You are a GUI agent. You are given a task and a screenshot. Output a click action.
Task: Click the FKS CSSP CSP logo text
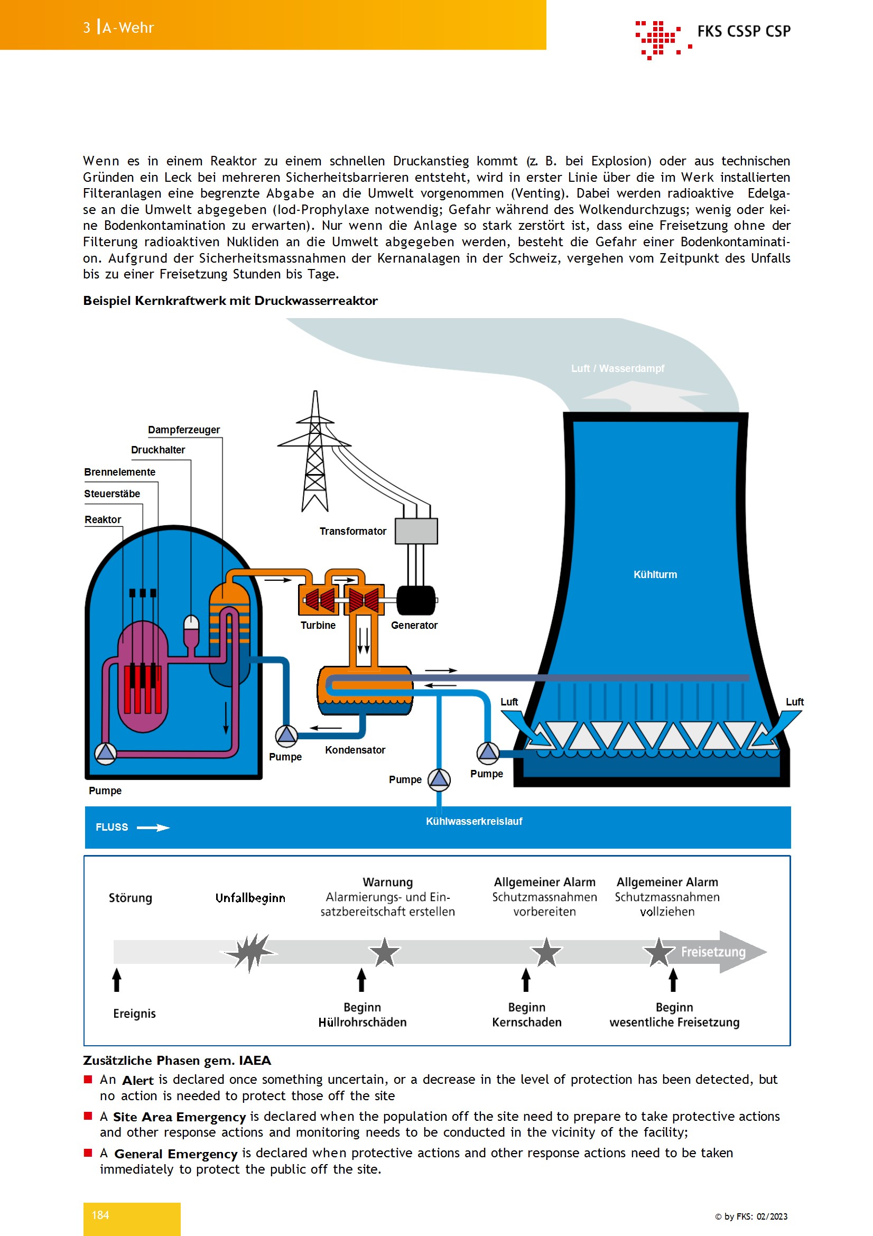[744, 31]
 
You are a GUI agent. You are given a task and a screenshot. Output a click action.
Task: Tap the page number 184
[100, 1215]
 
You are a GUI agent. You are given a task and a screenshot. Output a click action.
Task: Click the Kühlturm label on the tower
[655, 574]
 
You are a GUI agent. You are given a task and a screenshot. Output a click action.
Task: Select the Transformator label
[352, 531]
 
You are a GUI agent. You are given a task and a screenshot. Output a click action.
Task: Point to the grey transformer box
[416, 531]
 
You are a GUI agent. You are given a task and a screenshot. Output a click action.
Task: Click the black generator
[415, 600]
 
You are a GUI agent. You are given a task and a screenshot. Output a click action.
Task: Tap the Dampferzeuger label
[183, 430]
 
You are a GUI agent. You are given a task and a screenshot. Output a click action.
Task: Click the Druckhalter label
[157, 450]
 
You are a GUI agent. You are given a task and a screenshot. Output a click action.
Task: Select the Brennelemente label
[119, 471]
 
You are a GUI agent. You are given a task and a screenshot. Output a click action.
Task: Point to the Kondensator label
[355, 750]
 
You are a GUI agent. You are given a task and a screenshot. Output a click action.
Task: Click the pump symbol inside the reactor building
[106, 753]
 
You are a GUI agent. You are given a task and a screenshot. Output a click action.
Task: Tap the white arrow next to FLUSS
[153, 828]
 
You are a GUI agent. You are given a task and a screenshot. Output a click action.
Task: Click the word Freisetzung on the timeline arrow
[713, 952]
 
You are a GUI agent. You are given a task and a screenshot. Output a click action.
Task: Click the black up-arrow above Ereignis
[117, 980]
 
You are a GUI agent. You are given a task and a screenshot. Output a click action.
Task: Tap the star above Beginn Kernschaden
[546, 952]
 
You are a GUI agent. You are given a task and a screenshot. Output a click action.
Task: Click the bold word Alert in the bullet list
[138, 1080]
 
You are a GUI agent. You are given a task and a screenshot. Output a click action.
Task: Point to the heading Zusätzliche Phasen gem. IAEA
[177, 1060]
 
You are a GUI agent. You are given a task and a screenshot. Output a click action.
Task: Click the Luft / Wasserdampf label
[617, 368]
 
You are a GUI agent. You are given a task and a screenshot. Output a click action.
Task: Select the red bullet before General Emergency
[88, 1153]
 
